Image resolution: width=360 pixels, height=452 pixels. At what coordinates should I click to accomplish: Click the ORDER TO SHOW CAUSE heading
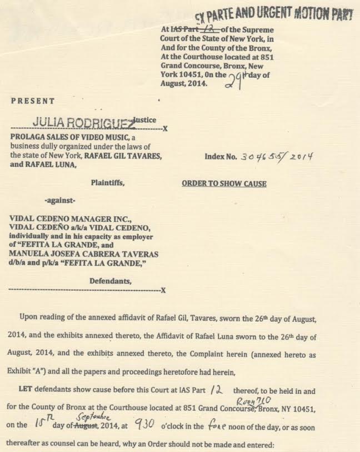(224, 183)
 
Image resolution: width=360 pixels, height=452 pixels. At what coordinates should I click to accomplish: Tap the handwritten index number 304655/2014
(276, 157)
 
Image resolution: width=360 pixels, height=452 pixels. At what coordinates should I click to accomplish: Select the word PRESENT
(33, 101)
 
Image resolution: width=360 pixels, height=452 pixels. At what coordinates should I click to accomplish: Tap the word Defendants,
(111, 281)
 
